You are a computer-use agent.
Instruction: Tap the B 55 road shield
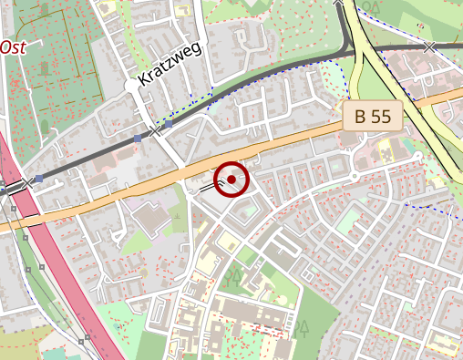point(373,116)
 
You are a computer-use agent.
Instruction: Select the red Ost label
point(12,47)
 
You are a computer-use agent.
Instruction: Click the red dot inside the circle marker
point(232,180)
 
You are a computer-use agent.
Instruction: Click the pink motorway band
point(73,273)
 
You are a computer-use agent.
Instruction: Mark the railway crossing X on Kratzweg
point(156,132)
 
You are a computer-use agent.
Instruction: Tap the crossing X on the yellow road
point(429,46)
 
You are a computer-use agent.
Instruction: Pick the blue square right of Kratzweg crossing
point(170,124)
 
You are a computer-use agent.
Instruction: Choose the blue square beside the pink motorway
point(39,179)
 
